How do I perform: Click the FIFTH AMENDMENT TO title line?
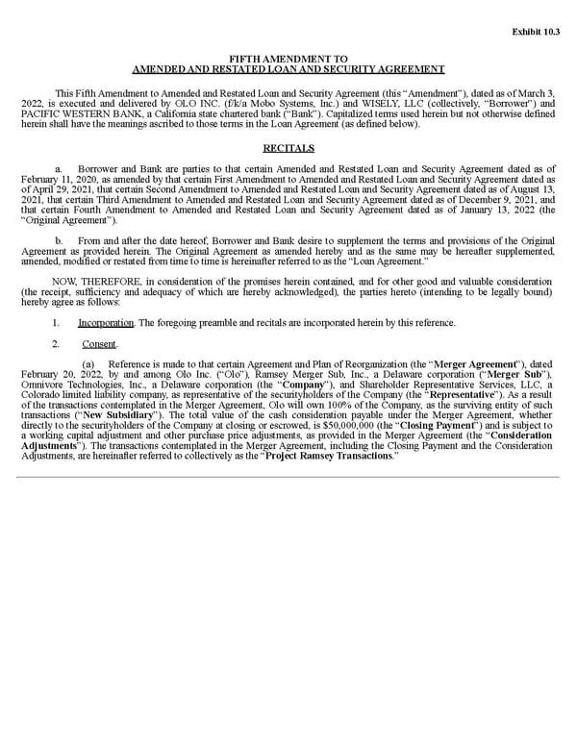(x=288, y=59)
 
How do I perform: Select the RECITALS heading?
(x=288, y=148)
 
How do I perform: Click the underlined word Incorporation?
(x=107, y=322)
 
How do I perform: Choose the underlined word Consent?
(x=100, y=343)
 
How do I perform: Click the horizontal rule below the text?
(x=288, y=476)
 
